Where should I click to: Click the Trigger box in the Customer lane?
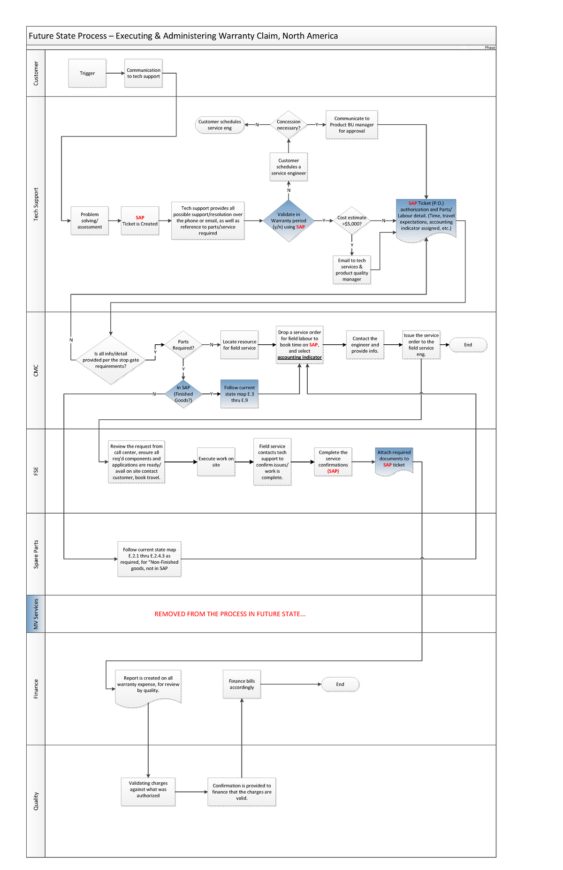pyautogui.click(x=87, y=73)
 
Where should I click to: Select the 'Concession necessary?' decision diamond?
pyautogui.click(x=289, y=125)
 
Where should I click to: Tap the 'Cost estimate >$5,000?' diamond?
pyautogui.click(x=352, y=220)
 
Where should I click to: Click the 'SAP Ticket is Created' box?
pyautogui.click(x=140, y=220)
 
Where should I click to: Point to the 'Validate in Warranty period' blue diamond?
pyautogui.click(x=289, y=220)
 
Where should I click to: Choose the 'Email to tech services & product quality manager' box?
pyautogui.click(x=352, y=270)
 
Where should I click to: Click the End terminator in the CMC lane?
pyautogui.click(x=468, y=345)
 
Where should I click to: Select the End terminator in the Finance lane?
pyautogui.click(x=340, y=684)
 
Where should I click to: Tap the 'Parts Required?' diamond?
pyautogui.click(x=183, y=345)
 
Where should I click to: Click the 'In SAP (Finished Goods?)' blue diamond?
pyautogui.click(x=183, y=394)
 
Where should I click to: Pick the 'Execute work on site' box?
pyautogui.click(x=216, y=462)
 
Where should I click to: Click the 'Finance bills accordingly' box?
pyautogui.click(x=242, y=684)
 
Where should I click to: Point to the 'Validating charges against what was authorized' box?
pyautogui.click(x=148, y=792)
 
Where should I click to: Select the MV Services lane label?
pyautogui.click(x=36, y=613)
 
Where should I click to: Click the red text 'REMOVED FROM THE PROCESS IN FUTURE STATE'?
pyautogui.click(x=230, y=614)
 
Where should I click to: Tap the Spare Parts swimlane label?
pyautogui.click(x=36, y=554)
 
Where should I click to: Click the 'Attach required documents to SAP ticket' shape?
pyautogui.click(x=394, y=460)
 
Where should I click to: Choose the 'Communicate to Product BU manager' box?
pyautogui.click(x=352, y=125)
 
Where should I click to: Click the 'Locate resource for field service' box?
pyautogui.click(x=239, y=345)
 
